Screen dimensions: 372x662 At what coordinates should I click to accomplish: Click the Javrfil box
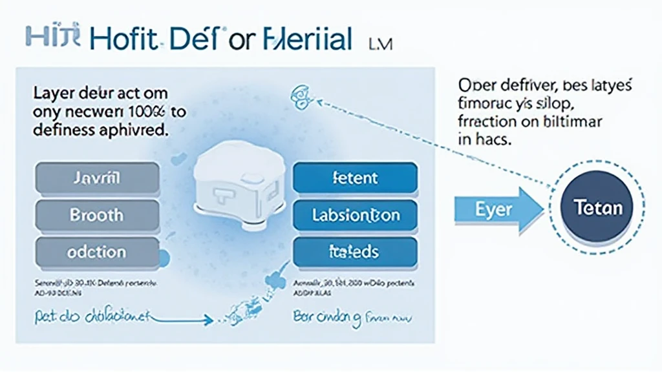coord(97,178)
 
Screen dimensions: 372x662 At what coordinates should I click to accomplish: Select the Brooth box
coord(97,214)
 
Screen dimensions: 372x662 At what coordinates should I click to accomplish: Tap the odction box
coord(97,252)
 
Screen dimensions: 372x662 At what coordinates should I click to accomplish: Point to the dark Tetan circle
coord(598,207)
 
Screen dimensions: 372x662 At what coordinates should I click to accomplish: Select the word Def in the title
coord(193,38)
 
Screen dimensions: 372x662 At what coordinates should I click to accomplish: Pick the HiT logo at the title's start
coord(52,37)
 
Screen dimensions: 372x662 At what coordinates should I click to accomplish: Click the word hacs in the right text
coord(493,139)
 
